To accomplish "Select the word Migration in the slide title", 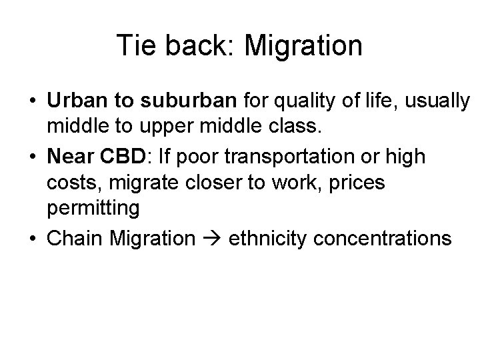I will click(303, 46).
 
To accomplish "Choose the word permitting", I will click(93, 207).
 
